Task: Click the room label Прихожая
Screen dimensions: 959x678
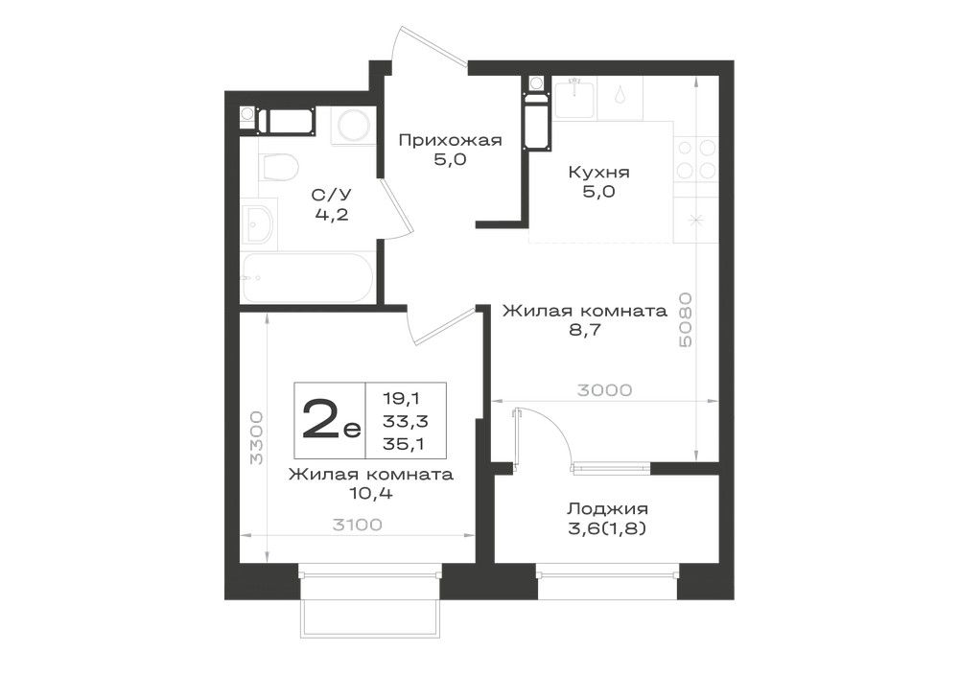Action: (450, 141)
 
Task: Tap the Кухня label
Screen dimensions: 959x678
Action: (598, 173)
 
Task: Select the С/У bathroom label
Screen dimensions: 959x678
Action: (332, 195)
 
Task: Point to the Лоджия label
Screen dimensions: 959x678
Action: (607, 508)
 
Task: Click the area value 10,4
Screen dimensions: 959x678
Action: (371, 493)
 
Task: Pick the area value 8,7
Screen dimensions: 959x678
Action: (585, 330)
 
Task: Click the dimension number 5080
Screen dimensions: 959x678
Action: (686, 320)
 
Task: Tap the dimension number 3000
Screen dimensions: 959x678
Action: (604, 390)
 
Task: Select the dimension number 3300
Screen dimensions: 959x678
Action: (257, 437)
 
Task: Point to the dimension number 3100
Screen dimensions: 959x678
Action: (357, 525)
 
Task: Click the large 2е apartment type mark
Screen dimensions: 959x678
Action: (331, 421)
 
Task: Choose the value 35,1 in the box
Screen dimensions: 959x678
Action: (404, 444)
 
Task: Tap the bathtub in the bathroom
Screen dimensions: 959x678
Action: (307, 277)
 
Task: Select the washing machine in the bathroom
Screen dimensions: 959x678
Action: (352, 127)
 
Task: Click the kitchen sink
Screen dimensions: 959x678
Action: (574, 97)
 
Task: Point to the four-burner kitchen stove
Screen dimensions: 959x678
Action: (696, 159)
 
